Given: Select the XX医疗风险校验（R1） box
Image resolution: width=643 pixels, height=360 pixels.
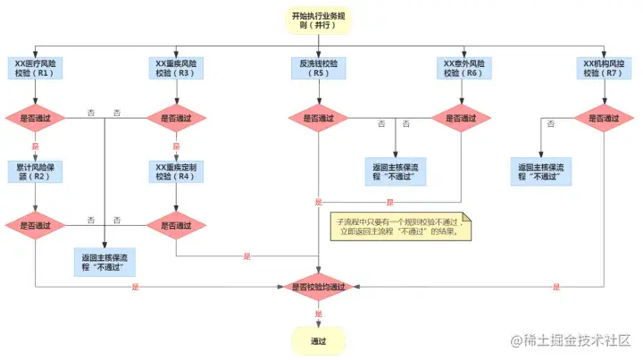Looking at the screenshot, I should pos(35,69).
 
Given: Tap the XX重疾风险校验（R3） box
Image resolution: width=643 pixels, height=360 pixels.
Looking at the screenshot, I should pos(175,69).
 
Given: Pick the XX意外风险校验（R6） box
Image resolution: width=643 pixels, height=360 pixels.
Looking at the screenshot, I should pos(462,69).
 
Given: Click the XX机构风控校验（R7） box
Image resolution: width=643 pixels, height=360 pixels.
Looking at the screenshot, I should pos(602,69).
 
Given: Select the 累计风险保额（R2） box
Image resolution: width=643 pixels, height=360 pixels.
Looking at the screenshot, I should pos(35,171).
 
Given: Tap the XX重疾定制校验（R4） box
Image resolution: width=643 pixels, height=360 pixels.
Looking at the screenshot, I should pos(175,171).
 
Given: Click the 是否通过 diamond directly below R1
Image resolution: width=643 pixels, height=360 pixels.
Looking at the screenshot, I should pos(35,118).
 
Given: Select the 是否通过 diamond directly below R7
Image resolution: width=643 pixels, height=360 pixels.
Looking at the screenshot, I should pos(602,118).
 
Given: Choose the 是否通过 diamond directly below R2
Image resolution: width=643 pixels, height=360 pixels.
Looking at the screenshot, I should pos(35,225).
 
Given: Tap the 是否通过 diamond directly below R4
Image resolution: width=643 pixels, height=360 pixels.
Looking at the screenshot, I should pos(175,225).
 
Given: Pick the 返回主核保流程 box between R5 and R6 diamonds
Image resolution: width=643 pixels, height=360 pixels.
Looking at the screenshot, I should pos(396,171).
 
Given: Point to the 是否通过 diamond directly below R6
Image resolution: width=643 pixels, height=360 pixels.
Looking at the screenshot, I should pos(462,118).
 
